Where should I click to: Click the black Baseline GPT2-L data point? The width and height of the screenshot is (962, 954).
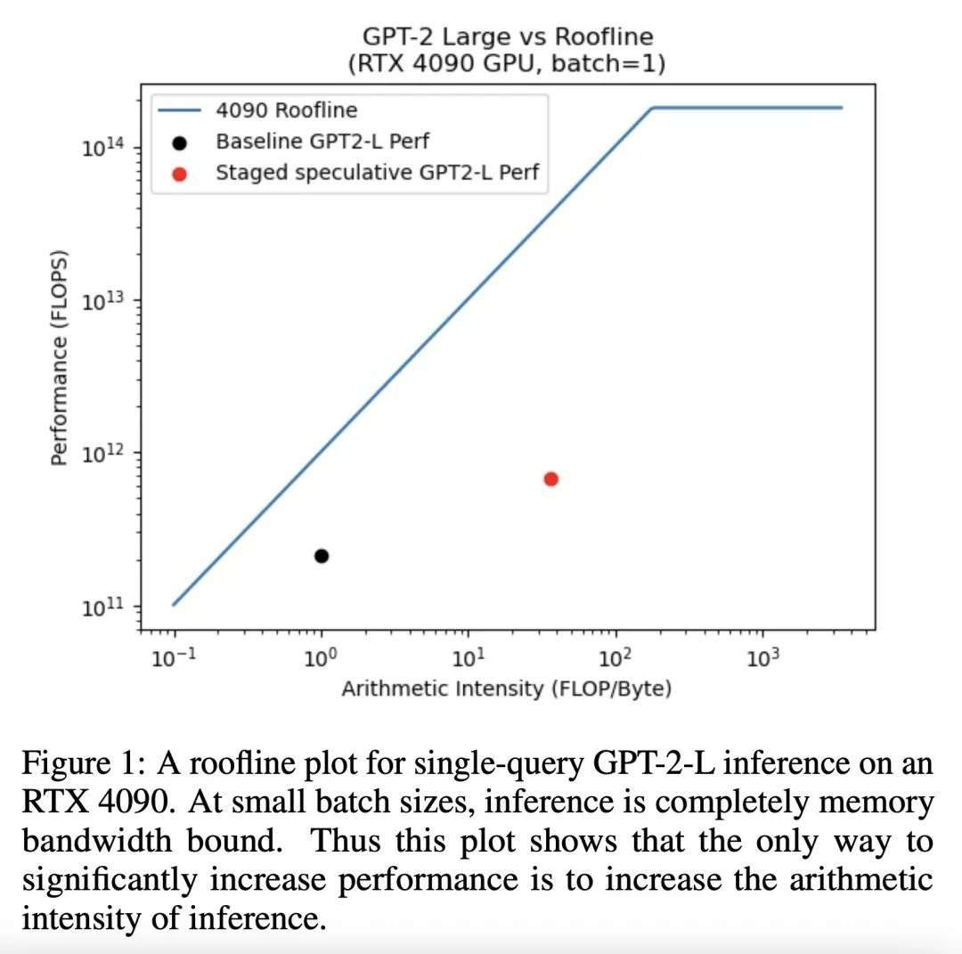tap(322, 556)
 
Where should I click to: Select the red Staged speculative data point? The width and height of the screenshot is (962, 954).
tap(551, 479)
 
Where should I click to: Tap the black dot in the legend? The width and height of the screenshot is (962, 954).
tap(179, 143)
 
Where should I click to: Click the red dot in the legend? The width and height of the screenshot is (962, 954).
tap(179, 173)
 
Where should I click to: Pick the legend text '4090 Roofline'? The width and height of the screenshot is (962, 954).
tap(286, 110)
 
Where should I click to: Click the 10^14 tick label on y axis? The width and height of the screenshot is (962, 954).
tap(101, 148)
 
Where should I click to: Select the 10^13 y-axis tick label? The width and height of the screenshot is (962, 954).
tap(101, 301)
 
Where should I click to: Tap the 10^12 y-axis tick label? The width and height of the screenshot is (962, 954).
tap(101, 453)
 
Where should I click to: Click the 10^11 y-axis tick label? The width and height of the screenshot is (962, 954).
tap(101, 607)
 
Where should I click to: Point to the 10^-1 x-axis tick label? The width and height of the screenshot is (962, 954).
tap(175, 658)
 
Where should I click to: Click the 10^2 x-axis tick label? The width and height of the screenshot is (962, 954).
tap(614, 658)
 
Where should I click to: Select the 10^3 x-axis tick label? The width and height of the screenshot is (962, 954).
tap(761, 658)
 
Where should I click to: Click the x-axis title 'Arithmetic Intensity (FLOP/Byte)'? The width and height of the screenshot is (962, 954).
tap(506, 689)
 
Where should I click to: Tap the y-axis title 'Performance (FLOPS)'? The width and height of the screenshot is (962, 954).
tap(60, 356)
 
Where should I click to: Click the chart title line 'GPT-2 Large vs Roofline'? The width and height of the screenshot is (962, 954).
tap(508, 37)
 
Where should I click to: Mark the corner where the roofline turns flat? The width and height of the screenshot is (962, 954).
tap(653, 108)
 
